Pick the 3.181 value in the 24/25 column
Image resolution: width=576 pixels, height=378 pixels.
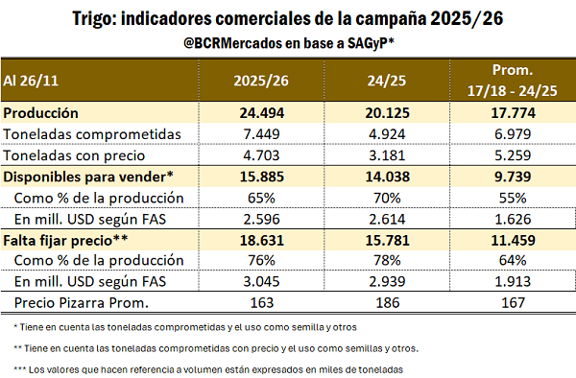pos(390,154)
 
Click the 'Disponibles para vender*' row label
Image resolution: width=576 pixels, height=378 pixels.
pos(89,176)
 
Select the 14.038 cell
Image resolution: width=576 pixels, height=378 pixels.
pos(390,176)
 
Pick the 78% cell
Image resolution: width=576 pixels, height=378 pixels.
pos(390,261)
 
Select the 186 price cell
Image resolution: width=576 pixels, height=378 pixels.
pos(390,303)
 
